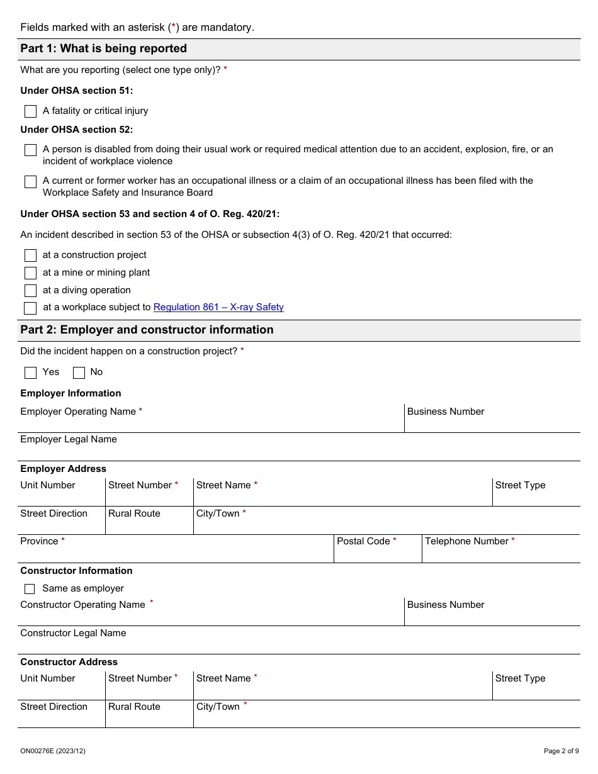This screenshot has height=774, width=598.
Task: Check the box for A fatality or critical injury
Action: (30, 111)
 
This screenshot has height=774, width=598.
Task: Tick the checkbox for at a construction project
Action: (30, 255)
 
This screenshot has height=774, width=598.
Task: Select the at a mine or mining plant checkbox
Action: (30, 273)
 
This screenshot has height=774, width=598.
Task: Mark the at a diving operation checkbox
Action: (30, 291)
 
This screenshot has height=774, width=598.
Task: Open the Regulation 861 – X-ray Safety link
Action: (218, 308)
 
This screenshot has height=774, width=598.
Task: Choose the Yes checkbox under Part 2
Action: (30, 373)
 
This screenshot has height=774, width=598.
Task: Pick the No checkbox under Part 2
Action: (79, 373)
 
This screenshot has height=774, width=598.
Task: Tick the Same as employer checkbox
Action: (30, 589)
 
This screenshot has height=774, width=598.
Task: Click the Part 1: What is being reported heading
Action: (104, 49)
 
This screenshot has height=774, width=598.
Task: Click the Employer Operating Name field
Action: (211, 423)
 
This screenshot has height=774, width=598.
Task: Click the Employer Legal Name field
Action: (299, 451)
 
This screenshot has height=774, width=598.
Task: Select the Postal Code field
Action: (378, 553)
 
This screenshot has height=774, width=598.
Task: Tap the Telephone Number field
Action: (501, 553)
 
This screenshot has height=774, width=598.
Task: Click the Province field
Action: (176, 553)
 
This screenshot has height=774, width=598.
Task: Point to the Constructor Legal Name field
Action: (299, 644)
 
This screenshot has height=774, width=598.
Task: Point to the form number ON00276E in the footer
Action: (53, 751)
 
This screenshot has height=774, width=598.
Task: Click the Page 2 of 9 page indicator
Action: (561, 751)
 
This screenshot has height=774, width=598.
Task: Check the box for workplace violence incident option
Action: (30, 150)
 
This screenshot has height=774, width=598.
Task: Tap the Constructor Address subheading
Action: (69, 662)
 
